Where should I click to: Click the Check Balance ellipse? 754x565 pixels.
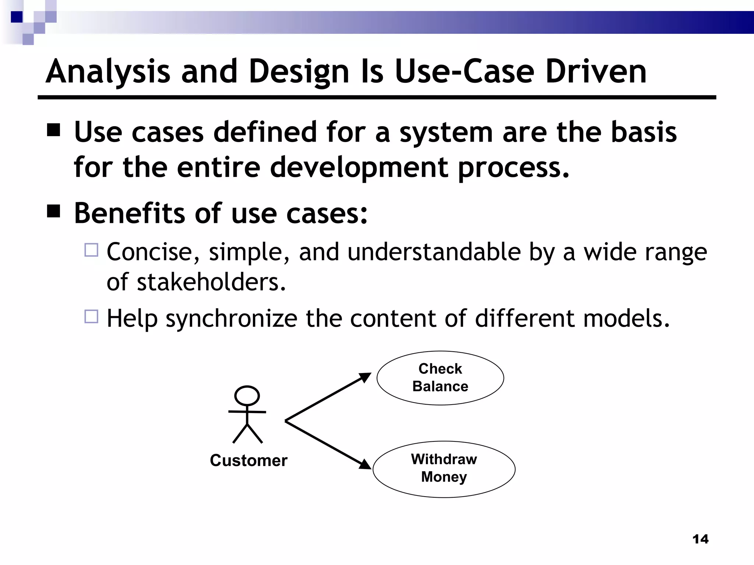pos(440,378)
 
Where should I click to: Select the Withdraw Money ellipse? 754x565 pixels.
pos(444,469)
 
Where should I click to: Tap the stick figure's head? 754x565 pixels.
pos(247,396)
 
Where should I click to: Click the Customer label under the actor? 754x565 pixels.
pos(249,461)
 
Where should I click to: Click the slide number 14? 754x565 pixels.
pos(700,539)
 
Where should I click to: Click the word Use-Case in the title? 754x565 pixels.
pos(464,72)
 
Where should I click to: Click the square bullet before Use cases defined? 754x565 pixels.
pos(54,130)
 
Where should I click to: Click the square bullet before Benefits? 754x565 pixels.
pos(54,212)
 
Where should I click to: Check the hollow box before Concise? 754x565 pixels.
pos(91,250)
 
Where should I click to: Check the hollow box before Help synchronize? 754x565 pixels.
pos(91,316)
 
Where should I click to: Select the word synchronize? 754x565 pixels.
pos(231,319)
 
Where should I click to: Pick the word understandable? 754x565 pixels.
pos(434,252)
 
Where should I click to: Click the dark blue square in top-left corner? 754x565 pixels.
pos(17,17)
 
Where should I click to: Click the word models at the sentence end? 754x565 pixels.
pos(626,319)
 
